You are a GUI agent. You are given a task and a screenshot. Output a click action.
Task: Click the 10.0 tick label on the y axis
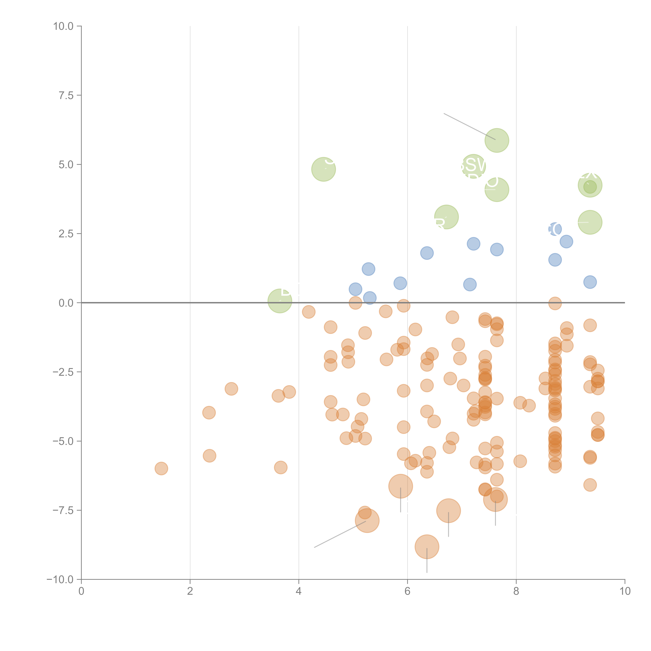click(63, 26)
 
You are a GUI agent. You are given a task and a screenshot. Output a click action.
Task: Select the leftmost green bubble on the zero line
click(280, 301)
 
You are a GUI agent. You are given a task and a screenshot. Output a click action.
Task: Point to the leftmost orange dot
click(161, 468)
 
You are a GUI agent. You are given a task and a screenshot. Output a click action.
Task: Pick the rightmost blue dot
click(590, 282)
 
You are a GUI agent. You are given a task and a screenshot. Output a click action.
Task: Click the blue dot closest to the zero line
click(370, 298)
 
